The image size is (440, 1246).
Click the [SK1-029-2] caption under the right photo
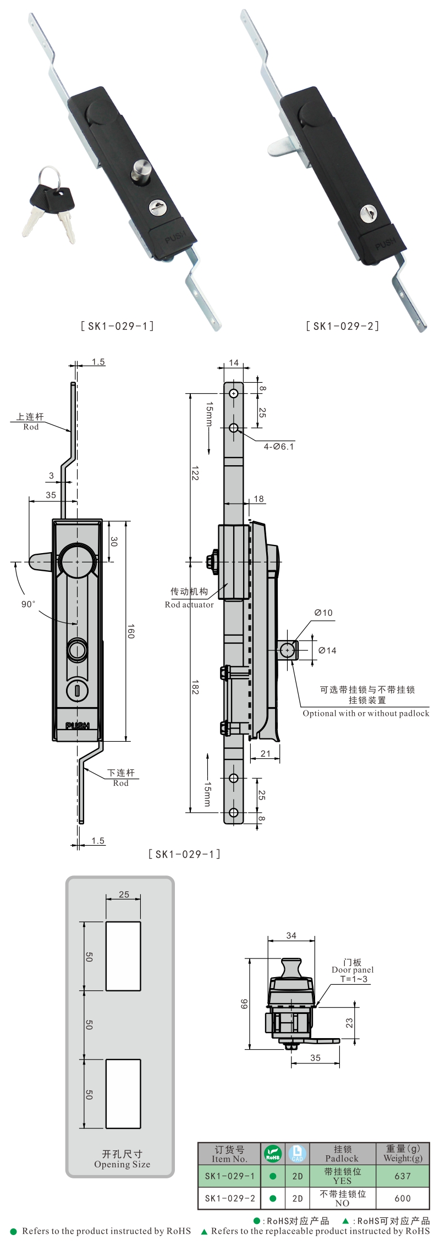(342, 326)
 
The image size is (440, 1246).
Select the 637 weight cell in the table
(403, 1176)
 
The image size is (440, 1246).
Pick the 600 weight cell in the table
(403, 1198)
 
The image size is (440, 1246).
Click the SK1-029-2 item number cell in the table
(230, 1198)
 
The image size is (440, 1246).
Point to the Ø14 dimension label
(327, 650)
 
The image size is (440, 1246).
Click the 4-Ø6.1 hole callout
(279, 446)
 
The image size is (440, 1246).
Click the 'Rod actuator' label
(189, 605)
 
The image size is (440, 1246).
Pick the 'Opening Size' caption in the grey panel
(122, 1164)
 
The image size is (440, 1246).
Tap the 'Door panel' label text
(353, 969)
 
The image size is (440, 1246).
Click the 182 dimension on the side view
(195, 687)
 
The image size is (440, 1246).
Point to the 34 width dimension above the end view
(291, 935)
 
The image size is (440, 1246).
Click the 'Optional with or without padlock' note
(366, 714)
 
